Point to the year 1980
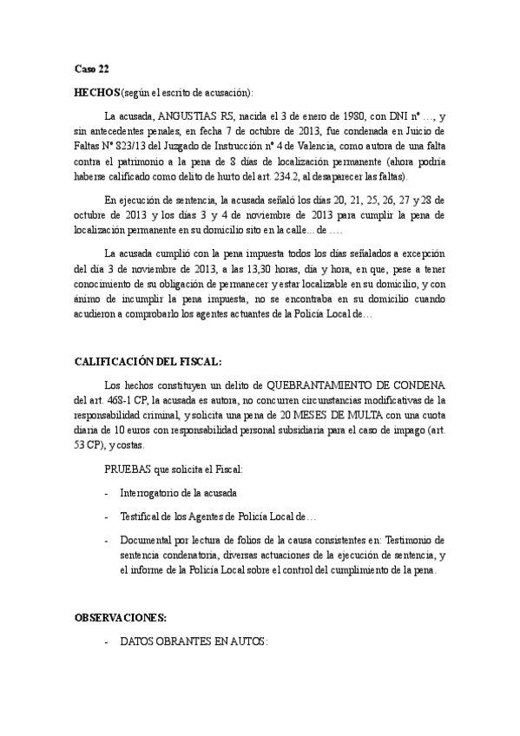pyautogui.click(x=368, y=115)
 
